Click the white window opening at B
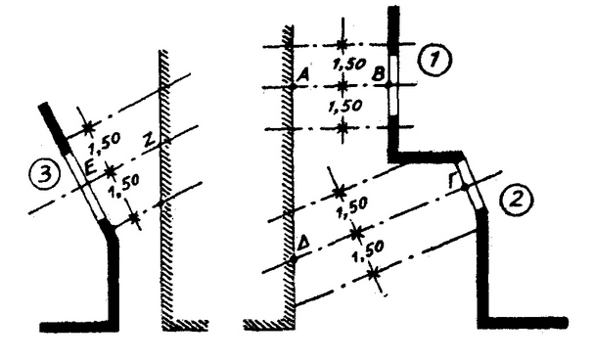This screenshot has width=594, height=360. coord(390,85)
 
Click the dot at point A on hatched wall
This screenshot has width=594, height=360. coord(292,86)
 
